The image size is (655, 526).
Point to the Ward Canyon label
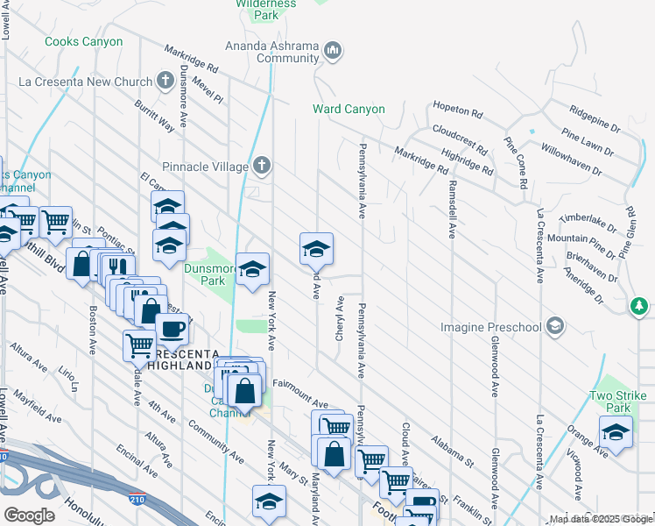click(x=349, y=110)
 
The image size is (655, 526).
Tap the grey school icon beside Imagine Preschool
click(x=553, y=326)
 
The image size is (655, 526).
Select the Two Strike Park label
click(x=610, y=402)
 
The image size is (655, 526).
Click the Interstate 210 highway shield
click(x=4, y=457)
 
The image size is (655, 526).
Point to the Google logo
click(x=29, y=515)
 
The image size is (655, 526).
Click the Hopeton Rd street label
click(x=458, y=111)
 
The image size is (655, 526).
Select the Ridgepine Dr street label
click(x=595, y=113)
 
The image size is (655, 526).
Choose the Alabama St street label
click(x=452, y=448)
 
